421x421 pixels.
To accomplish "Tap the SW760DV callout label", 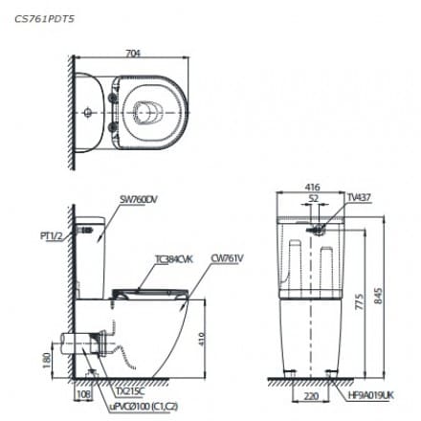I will tap(140, 199).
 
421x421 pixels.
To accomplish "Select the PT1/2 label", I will tap(52, 232).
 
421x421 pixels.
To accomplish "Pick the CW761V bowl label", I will tap(227, 258).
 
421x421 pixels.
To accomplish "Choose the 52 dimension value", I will tap(313, 200).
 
